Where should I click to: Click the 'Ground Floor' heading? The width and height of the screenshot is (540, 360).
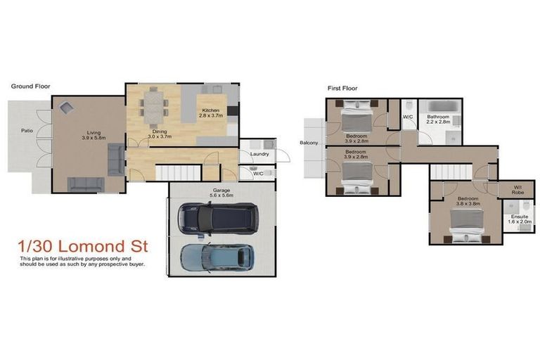pos(30,86)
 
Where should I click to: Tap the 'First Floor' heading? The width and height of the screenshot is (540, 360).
pos(342,89)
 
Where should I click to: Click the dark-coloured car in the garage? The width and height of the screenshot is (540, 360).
pos(218,218)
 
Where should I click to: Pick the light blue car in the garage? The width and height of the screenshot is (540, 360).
pos(216,258)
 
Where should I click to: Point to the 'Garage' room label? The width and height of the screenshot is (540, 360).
pos(222,190)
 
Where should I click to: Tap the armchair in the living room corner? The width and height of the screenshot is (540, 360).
pos(67,108)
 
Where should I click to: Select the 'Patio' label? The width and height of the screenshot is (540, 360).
pos(27,130)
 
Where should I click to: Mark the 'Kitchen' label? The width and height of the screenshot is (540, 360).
pos(211,111)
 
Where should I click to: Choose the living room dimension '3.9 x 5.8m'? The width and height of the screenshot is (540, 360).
pos(93,138)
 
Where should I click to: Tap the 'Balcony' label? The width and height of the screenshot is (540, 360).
pos(308,143)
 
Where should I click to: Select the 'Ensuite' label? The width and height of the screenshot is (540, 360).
pos(519,216)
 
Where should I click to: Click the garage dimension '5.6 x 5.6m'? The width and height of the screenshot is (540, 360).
pos(222,196)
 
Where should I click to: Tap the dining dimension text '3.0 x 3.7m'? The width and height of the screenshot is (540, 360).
pos(160,138)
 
